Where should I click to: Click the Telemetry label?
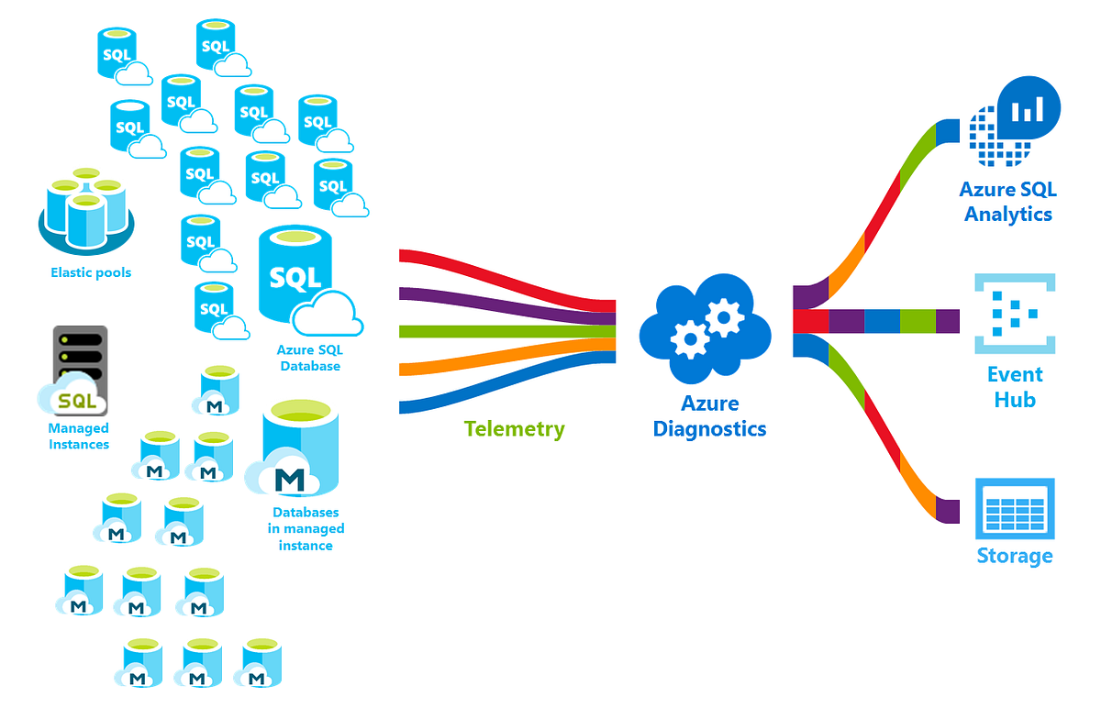click(x=514, y=428)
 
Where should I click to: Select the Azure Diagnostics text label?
click(x=709, y=415)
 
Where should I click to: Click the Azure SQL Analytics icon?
click(x=1015, y=121)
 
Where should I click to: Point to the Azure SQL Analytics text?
click(x=1007, y=202)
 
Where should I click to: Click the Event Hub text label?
click(x=1015, y=387)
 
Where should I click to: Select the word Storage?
click(x=1014, y=556)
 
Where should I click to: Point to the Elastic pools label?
click(x=91, y=272)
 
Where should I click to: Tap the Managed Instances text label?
click(x=78, y=437)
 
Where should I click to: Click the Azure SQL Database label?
click(x=308, y=359)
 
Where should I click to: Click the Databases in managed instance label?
click(x=306, y=529)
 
